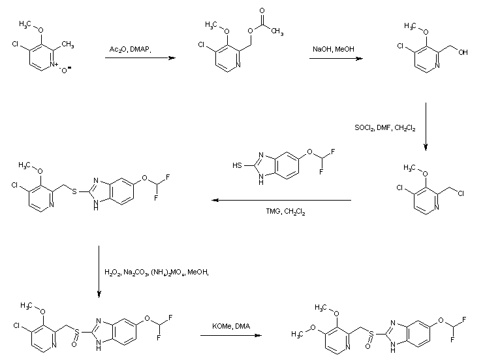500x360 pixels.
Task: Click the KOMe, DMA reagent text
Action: pyautogui.click(x=231, y=326)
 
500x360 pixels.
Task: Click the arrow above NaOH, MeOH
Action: pyautogui.click(x=336, y=59)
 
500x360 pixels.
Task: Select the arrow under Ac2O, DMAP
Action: pyautogui.click(x=140, y=59)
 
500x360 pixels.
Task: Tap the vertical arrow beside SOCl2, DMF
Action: pyautogui.click(x=425, y=125)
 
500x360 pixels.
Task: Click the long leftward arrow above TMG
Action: pyautogui.click(x=281, y=201)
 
